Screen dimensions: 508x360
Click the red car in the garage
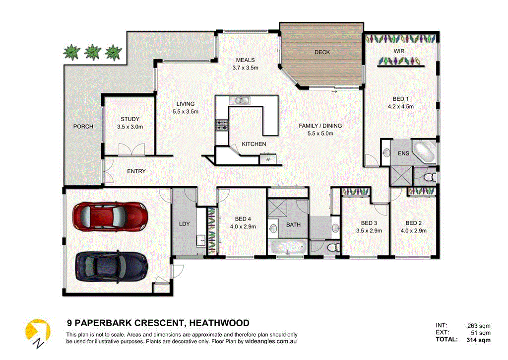(x=110, y=216)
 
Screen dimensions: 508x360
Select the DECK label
(x=322, y=52)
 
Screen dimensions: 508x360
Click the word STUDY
(x=130, y=119)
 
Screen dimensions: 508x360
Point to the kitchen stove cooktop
(x=222, y=125)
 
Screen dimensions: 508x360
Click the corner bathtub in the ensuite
(x=424, y=151)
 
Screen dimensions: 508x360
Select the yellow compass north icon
(x=38, y=333)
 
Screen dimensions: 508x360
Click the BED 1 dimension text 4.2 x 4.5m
(x=400, y=106)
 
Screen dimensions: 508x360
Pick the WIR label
(x=399, y=51)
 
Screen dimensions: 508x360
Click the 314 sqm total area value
(x=479, y=340)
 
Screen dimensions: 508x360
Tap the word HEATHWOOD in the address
(x=219, y=323)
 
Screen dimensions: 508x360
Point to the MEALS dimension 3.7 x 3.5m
(x=245, y=68)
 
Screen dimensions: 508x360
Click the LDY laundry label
(x=185, y=224)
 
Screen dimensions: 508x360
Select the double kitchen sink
(x=240, y=100)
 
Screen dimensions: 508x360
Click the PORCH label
(x=83, y=127)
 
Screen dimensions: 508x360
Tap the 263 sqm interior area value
(x=479, y=326)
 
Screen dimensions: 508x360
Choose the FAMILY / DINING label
(x=320, y=126)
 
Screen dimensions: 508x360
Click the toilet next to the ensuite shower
(x=430, y=177)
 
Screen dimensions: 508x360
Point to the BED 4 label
(x=243, y=219)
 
